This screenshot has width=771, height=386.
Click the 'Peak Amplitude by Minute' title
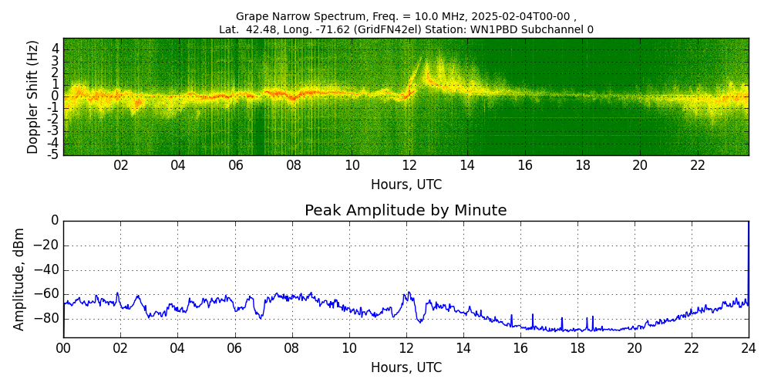[406, 211]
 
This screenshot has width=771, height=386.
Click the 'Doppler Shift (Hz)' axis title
[33, 96]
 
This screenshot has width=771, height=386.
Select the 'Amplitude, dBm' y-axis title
[20, 279]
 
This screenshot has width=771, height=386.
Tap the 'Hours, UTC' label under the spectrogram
[406, 185]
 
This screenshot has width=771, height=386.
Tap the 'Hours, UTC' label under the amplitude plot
[406, 368]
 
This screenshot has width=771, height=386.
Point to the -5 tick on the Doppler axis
[54, 154]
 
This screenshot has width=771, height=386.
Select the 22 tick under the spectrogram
[698, 165]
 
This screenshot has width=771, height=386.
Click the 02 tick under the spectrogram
[121, 165]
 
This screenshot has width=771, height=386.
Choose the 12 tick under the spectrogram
[409, 165]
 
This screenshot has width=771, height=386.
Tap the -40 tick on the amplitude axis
[48, 270]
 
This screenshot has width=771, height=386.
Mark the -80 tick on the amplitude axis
[48, 318]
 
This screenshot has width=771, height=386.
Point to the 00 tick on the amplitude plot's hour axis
[63, 348]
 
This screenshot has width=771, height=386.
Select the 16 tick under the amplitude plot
[520, 348]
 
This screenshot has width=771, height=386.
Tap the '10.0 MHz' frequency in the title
[374, 16]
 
